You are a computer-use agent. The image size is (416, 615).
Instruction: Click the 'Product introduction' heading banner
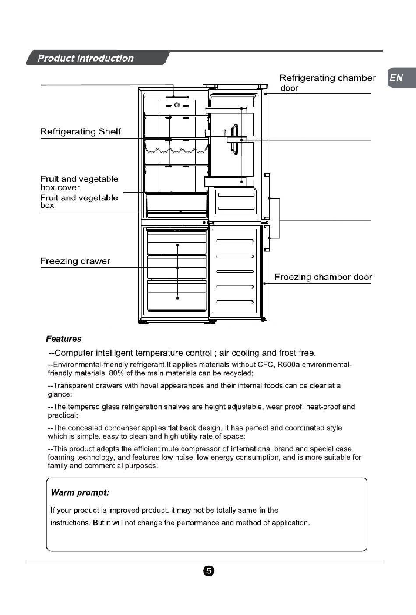pos(98,58)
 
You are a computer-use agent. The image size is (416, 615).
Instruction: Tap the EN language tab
pos(402,78)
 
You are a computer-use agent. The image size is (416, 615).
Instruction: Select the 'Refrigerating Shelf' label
pos(81,131)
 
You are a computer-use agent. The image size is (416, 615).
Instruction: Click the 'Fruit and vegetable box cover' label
pos(79,183)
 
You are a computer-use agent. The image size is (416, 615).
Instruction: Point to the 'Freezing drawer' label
pos(75,261)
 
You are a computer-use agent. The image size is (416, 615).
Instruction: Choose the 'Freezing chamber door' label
pos(323,277)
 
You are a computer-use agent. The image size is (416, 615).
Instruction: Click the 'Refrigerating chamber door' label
pos(327,83)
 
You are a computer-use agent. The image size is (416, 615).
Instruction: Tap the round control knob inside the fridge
pos(177,105)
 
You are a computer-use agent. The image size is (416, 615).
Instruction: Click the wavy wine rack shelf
pos(176,150)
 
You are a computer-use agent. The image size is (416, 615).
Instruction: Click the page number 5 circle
pos(209,571)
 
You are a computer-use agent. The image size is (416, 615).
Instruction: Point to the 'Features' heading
pos(63,339)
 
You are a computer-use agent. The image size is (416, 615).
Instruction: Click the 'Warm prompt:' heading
pos(80,492)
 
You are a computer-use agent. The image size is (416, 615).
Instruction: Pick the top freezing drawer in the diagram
pos(177,242)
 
